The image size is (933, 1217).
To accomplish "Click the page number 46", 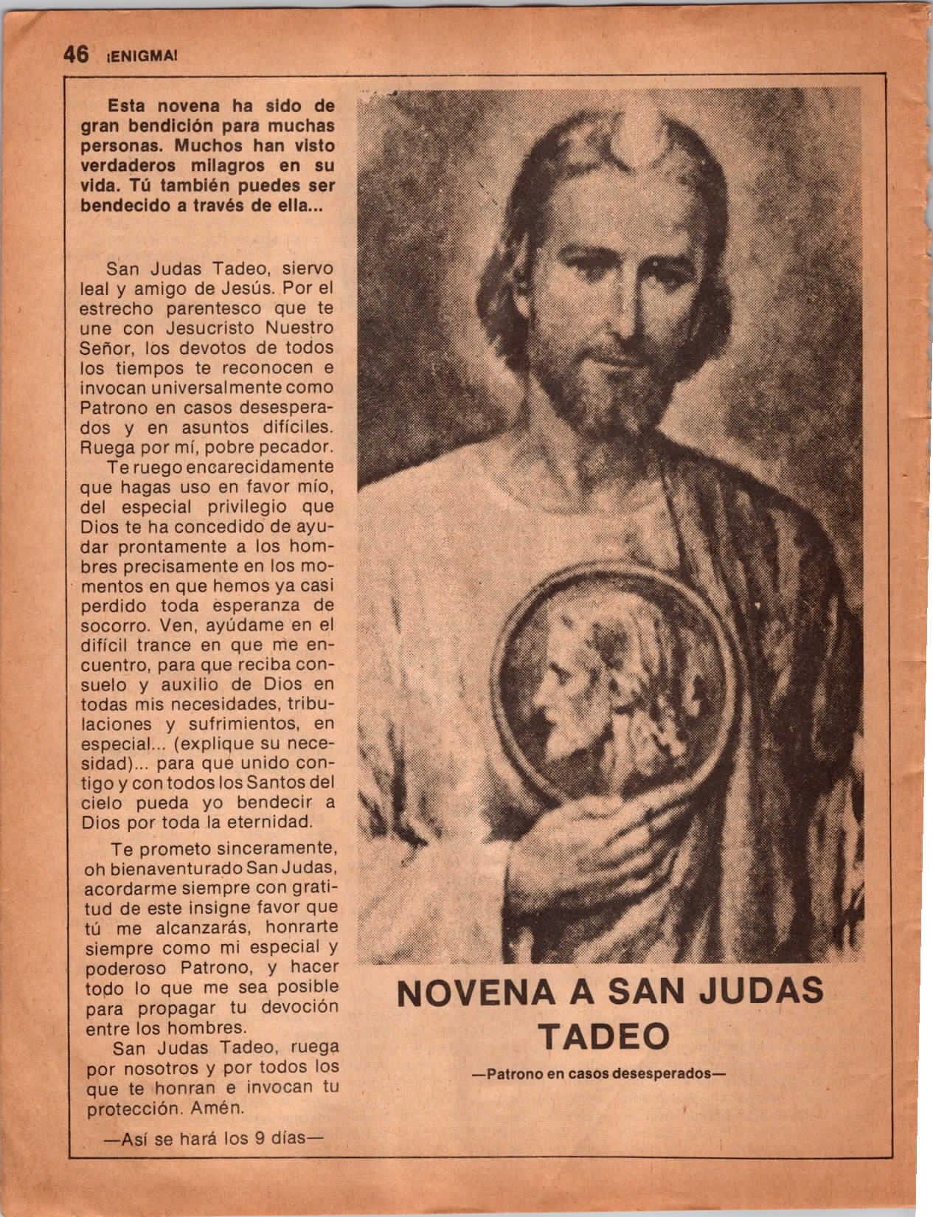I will (x=74, y=55).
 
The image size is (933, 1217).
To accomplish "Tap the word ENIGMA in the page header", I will (x=139, y=56).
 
